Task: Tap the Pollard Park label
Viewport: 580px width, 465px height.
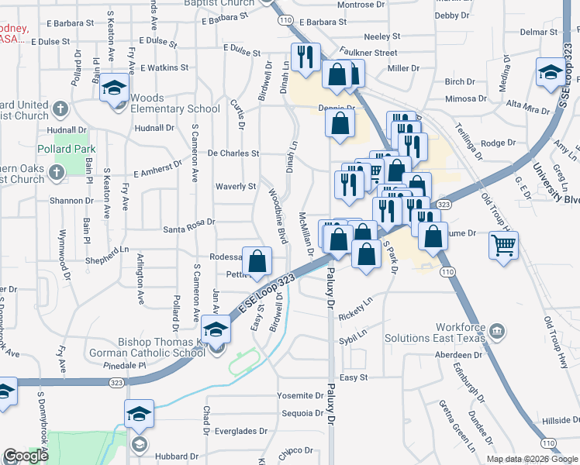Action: [x=68, y=149]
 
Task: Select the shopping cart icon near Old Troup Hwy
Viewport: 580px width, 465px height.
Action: [x=503, y=246]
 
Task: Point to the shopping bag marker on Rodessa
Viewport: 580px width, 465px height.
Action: [x=258, y=260]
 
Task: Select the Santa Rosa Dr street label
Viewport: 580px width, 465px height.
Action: [x=188, y=230]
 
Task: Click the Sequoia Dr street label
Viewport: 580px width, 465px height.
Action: [x=302, y=414]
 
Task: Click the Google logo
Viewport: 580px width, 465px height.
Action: [x=26, y=456]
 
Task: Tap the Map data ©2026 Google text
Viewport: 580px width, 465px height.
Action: [x=531, y=459]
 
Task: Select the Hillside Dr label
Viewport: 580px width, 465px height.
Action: [x=555, y=420]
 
